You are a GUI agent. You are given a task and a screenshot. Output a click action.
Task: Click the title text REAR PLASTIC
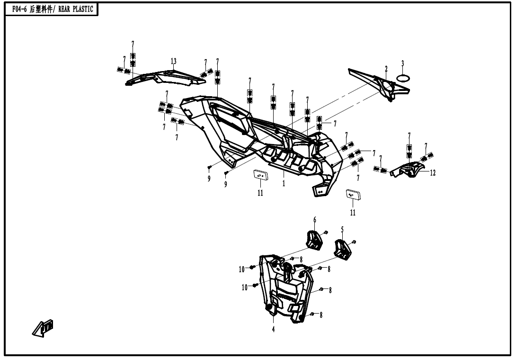point(75,9)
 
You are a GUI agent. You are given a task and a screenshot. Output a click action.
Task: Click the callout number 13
point(174,61)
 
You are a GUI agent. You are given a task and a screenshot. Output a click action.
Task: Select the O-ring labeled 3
point(402,78)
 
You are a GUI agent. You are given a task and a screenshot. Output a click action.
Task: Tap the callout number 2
point(386,69)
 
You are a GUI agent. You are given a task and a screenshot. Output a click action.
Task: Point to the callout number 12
point(433,173)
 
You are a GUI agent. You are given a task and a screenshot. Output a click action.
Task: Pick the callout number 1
point(284,183)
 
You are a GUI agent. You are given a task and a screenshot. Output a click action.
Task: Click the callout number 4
point(273,330)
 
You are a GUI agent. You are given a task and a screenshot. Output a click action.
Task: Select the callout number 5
point(342,230)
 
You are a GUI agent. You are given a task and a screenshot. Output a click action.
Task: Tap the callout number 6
point(314,220)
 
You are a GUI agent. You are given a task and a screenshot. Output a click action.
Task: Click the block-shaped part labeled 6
point(313,238)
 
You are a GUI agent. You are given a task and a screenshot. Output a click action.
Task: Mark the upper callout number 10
point(241,269)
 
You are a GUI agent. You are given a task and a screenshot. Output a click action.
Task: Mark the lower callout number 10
point(245,287)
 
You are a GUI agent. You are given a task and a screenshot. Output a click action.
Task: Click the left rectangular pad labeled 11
point(260,175)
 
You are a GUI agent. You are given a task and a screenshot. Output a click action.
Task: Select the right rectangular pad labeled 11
point(353,194)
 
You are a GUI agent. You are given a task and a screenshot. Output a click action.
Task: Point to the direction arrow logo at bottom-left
point(42,328)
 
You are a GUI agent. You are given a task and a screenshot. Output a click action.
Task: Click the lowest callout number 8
point(321,315)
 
